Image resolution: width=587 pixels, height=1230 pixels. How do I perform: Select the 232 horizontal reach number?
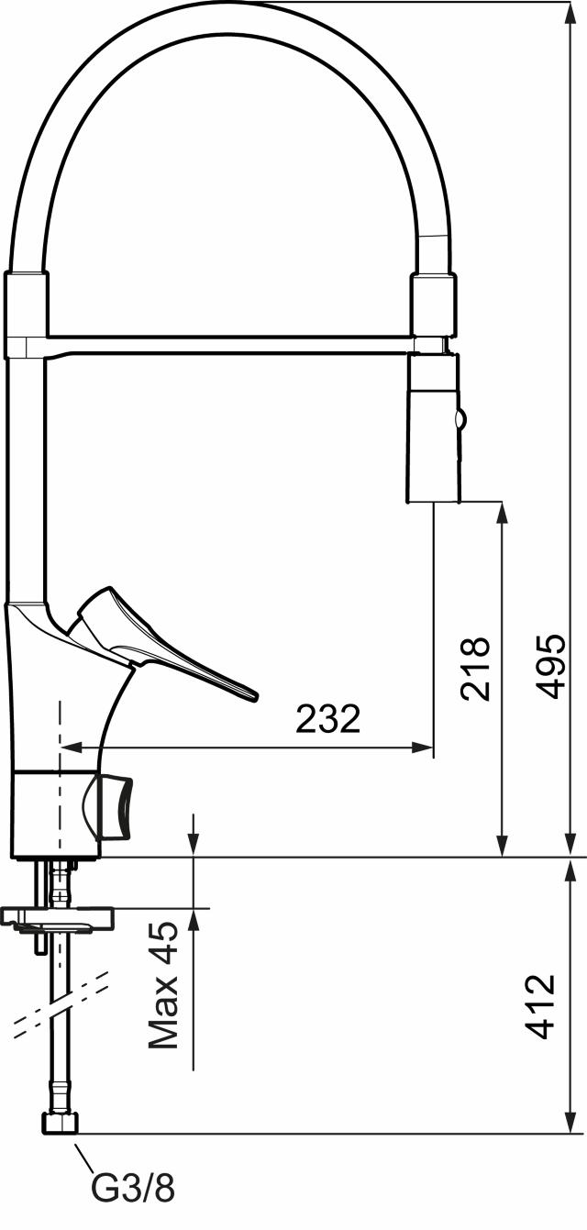(x=328, y=718)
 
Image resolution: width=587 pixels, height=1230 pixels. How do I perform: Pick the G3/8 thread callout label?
(x=133, y=1202)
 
